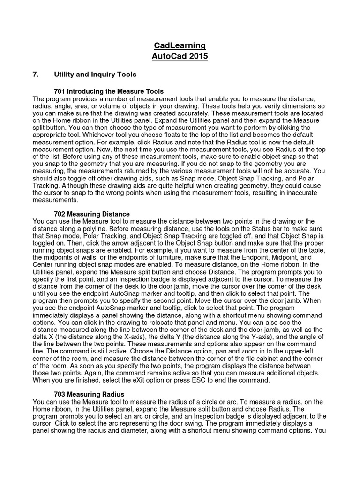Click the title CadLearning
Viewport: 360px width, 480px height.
pyautogui.click(x=180, y=45)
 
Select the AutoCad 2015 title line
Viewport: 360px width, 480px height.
pyautogui.click(x=180, y=57)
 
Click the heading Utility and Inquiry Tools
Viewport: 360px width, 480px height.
pyautogui.click(x=95, y=75)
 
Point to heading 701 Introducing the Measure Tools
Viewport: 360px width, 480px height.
pyautogui.click(x=109, y=91)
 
